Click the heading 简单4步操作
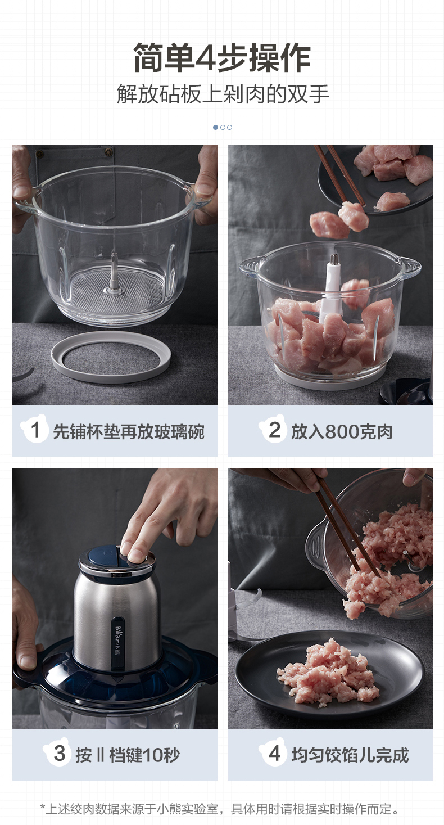pos(222,58)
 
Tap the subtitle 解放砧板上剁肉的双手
pos(223,94)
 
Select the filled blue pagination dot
pos(216,128)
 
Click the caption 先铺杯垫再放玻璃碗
pos(129,432)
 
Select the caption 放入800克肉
pos(342,432)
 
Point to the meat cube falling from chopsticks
pos(354,216)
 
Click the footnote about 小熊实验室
pos(220,809)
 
